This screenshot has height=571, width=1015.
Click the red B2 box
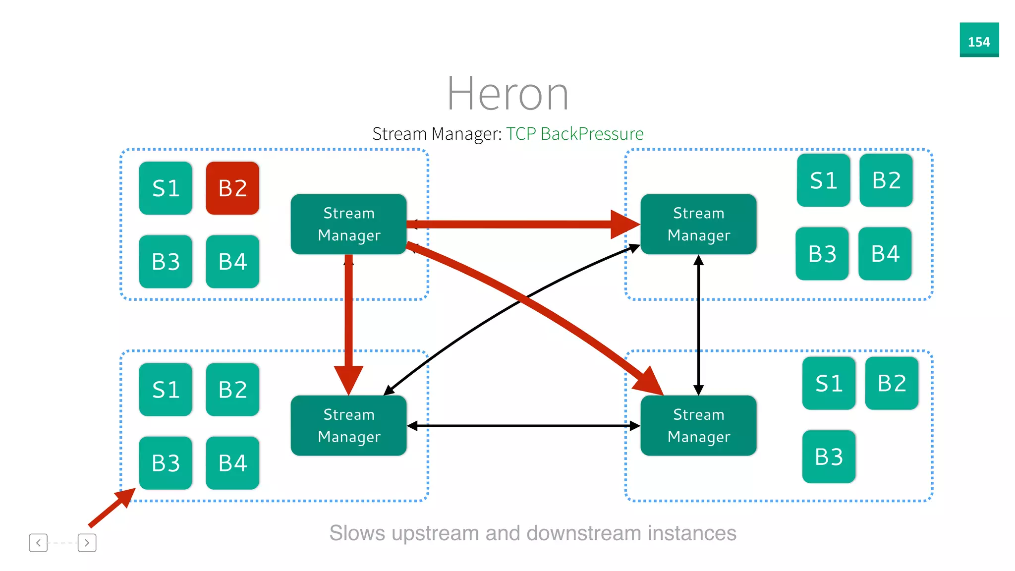[232, 188]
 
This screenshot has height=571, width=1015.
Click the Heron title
[507, 94]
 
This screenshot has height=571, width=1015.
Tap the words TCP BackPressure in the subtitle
[574, 134]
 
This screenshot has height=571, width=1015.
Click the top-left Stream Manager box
[348, 224]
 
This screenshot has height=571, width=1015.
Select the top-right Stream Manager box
[698, 224]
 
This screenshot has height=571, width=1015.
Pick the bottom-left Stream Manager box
[348, 425]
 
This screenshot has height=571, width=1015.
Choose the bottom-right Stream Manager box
[698, 425]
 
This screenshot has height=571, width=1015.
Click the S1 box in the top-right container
[823, 180]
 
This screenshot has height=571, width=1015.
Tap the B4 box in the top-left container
[232, 262]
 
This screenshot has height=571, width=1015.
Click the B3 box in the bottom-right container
[829, 457]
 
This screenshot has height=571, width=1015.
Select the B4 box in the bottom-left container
[232, 463]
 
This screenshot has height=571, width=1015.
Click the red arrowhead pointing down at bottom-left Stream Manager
[348, 379]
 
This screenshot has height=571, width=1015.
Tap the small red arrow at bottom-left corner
[112, 508]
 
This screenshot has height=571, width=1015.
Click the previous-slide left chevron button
[38, 543]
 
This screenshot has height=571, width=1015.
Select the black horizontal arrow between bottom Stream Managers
[523, 426]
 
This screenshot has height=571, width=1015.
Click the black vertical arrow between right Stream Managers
[698, 325]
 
